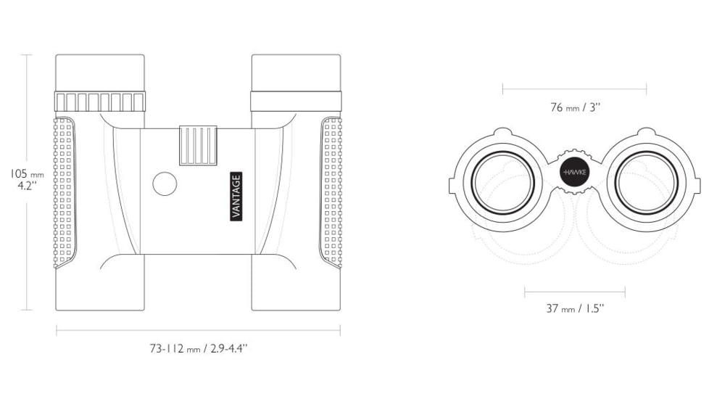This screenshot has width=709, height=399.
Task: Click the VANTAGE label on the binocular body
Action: click(236, 197)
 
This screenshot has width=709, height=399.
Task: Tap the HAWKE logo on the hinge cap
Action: click(574, 173)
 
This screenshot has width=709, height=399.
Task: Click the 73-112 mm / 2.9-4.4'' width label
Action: click(199, 348)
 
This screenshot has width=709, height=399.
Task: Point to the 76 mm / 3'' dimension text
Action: click(575, 107)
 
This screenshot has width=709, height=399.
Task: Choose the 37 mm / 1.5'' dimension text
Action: click(575, 308)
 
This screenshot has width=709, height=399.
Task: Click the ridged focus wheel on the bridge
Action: click(198, 145)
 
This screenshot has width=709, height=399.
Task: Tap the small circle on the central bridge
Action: click(165, 184)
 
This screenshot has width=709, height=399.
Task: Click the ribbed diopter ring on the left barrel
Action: click(100, 102)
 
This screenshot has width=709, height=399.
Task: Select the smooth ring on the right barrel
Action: click(297, 101)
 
